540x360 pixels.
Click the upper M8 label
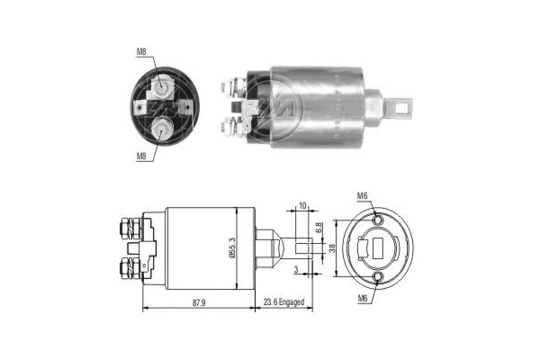click(141, 52)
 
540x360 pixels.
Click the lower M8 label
click(140, 156)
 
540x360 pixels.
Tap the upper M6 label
click(362, 196)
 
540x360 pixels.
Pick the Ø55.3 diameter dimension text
click(231, 244)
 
